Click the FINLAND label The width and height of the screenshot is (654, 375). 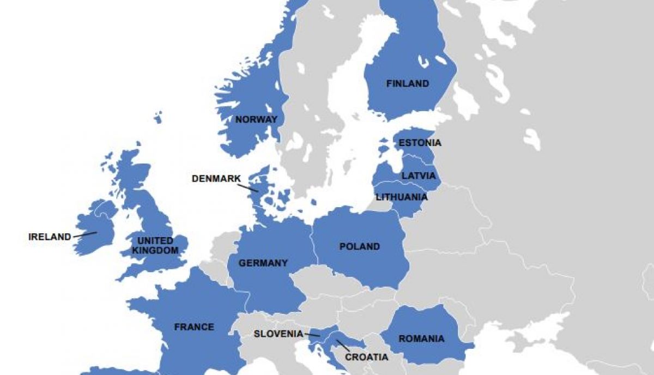pyautogui.click(x=408, y=84)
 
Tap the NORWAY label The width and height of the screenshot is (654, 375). pyautogui.click(x=256, y=119)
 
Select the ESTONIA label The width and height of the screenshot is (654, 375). pyautogui.click(x=420, y=143)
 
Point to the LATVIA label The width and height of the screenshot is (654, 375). pyautogui.click(x=419, y=176)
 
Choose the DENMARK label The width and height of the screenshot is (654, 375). pyautogui.click(x=216, y=179)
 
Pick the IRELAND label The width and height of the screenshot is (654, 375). pyautogui.click(x=50, y=237)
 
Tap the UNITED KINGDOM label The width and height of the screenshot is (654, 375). pyautogui.click(x=155, y=246)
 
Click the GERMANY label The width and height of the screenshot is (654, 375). pyautogui.click(x=263, y=263)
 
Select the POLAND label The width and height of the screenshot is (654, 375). pyautogui.click(x=359, y=247)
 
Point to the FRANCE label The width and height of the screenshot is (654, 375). pyautogui.click(x=194, y=328)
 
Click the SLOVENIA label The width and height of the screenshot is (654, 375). pyautogui.click(x=278, y=334)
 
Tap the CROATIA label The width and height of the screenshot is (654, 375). pyautogui.click(x=366, y=358)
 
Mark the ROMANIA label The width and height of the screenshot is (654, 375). pyautogui.click(x=421, y=339)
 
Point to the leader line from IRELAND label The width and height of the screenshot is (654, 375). pyautogui.click(x=85, y=234)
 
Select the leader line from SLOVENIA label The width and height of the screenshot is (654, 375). pyautogui.click(x=312, y=335)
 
